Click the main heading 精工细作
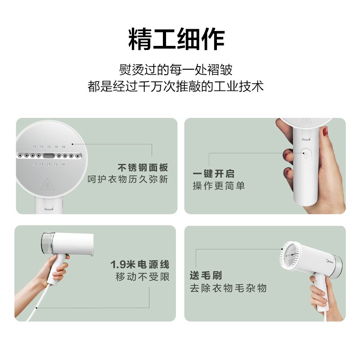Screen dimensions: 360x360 (176, 39)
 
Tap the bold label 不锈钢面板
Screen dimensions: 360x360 (143, 167)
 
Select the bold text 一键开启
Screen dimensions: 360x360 (213, 174)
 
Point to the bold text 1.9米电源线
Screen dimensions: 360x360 (140, 265)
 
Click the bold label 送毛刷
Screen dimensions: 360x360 (206, 275)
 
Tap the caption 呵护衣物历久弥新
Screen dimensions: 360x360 (128, 179)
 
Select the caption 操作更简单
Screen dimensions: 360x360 (219, 186)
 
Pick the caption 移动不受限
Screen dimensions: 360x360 (142, 277)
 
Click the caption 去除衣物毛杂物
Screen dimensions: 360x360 (228, 288)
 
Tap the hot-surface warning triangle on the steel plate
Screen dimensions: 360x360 (48, 184)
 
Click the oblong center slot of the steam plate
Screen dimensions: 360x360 (49, 156)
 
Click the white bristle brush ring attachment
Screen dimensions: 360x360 (290, 255)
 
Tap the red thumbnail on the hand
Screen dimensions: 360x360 (325, 131)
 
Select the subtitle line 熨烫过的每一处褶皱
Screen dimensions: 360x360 (175, 70)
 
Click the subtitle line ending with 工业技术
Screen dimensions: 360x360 (175, 86)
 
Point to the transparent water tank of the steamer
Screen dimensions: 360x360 (47, 243)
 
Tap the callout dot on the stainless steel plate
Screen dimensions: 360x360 (72, 144)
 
